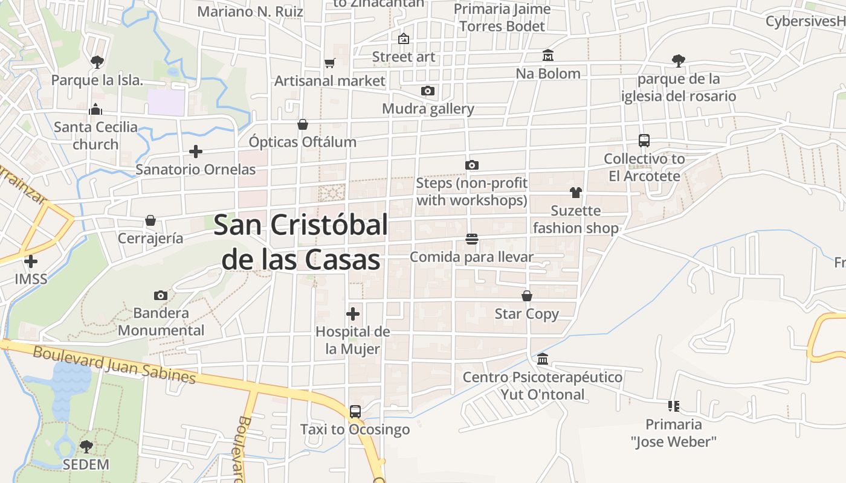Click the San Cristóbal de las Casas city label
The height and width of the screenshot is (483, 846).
pos(301,242)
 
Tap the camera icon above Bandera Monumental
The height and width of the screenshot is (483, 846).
pos(161,295)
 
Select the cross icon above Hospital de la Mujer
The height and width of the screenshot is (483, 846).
pos(353,314)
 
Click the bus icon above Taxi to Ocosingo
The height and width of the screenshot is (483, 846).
pos(355,412)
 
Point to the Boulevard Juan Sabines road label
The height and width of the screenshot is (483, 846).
pos(115,364)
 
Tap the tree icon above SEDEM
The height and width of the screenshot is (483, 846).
pos(86,447)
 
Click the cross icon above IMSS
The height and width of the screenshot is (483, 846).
pos(31,261)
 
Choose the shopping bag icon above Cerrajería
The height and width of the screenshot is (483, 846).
pos(150,221)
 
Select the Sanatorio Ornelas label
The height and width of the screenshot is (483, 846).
pos(196,169)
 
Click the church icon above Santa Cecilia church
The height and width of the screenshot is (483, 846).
pos(95,110)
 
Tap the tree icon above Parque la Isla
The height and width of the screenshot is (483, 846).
pos(97,62)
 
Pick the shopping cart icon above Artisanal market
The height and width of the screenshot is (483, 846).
pos(330,63)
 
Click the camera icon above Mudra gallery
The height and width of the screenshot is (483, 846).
pos(428,91)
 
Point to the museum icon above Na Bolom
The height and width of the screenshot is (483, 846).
pos(548,56)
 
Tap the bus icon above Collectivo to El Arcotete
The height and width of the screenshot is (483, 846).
pos(644,141)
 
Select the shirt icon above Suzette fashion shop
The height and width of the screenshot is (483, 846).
pos(576,193)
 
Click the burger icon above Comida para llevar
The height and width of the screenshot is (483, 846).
pos(472,239)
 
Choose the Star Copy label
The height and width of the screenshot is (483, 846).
pos(527,314)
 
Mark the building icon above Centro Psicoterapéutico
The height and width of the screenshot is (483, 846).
pos(543,359)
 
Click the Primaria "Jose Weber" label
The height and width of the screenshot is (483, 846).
pos(674,433)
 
